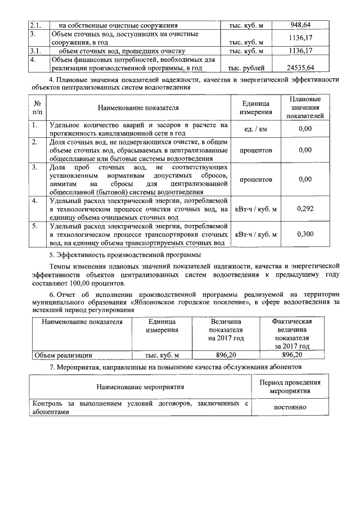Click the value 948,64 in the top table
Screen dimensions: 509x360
(304, 25)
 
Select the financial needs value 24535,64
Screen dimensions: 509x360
(304, 67)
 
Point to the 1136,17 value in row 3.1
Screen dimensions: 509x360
(304, 51)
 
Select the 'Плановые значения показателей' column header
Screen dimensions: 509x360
(305, 107)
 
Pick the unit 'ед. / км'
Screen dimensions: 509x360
(256, 129)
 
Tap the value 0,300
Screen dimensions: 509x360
(305, 235)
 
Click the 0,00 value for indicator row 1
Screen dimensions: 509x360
(305, 129)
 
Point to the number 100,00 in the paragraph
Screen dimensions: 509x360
(89, 283)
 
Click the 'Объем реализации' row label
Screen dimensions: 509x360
(63, 355)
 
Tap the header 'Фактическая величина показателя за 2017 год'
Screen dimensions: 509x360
(292, 334)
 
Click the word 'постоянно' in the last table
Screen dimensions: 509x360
(290, 407)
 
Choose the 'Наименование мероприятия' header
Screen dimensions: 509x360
(140, 387)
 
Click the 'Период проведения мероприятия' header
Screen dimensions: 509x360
(290, 386)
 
